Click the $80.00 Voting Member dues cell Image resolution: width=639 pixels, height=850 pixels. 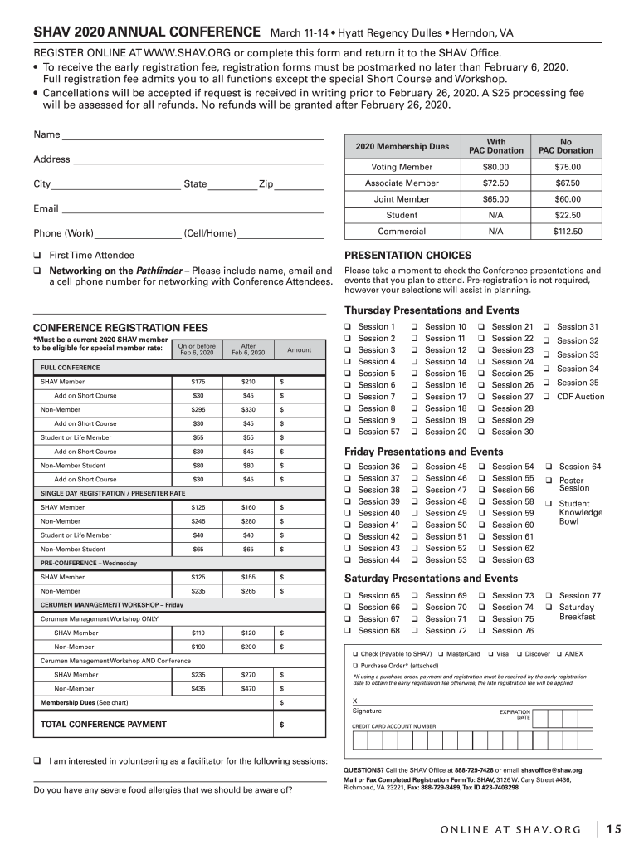(x=495, y=167)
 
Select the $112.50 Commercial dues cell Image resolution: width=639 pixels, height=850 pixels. (x=567, y=232)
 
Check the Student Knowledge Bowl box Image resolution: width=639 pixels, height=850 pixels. (x=549, y=504)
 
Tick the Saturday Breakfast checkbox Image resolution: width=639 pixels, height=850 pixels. (x=549, y=607)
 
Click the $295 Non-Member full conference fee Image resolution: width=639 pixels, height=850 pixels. (x=198, y=409)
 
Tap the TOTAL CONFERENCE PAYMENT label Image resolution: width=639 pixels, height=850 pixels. (x=103, y=725)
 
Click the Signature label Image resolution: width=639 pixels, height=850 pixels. (x=367, y=711)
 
